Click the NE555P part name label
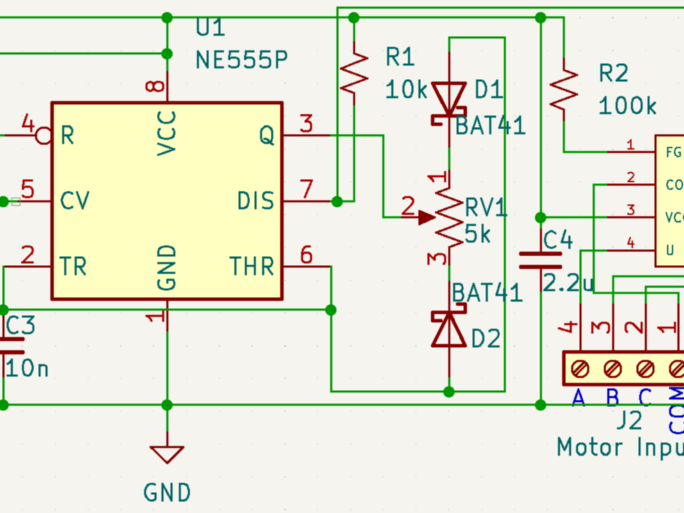tap(241, 60)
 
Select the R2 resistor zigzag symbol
tap(564, 88)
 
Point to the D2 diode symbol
tap(449, 329)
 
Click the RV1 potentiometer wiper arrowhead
tap(426, 218)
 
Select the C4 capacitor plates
tap(541, 260)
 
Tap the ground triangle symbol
tap(167, 455)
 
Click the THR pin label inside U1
tap(251, 267)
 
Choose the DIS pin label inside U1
tap(256, 201)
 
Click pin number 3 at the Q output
tap(306, 125)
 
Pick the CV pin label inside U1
tap(74, 201)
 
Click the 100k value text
tap(627, 106)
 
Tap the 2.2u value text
tap(569, 284)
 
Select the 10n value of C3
tap(28, 368)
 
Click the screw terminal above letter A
tap(580, 368)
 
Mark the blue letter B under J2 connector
tap(612, 398)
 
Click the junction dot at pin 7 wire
tap(337, 201)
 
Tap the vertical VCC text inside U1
tap(167, 133)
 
